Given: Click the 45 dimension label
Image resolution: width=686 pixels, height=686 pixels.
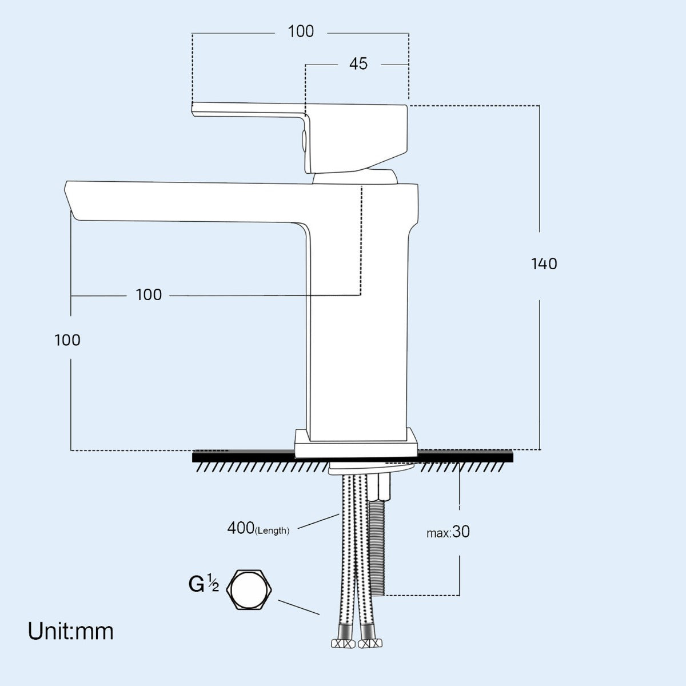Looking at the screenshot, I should [x=358, y=64].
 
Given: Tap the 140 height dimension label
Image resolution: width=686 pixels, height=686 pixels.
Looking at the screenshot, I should [x=544, y=264].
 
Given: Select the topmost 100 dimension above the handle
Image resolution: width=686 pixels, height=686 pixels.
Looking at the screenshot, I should [x=301, y=31].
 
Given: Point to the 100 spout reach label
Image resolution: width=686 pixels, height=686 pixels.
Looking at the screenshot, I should [x=149, y=294].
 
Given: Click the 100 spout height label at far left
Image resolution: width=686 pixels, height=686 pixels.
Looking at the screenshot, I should [x=67, y=340].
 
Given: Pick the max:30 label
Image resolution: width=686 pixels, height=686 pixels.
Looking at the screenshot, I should [x=448, y=532].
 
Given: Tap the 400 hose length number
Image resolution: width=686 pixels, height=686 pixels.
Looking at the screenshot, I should [x=240, y=528].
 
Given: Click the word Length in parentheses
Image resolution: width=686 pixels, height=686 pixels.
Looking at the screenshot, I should [x=273, y=531].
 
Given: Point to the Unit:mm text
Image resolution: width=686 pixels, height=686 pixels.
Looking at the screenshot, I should [x=71, y=631].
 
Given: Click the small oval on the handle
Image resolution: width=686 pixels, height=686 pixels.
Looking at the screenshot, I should [x=304, y=141].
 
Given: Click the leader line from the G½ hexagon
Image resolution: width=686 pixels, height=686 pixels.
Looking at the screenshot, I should [x=299, y=607].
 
